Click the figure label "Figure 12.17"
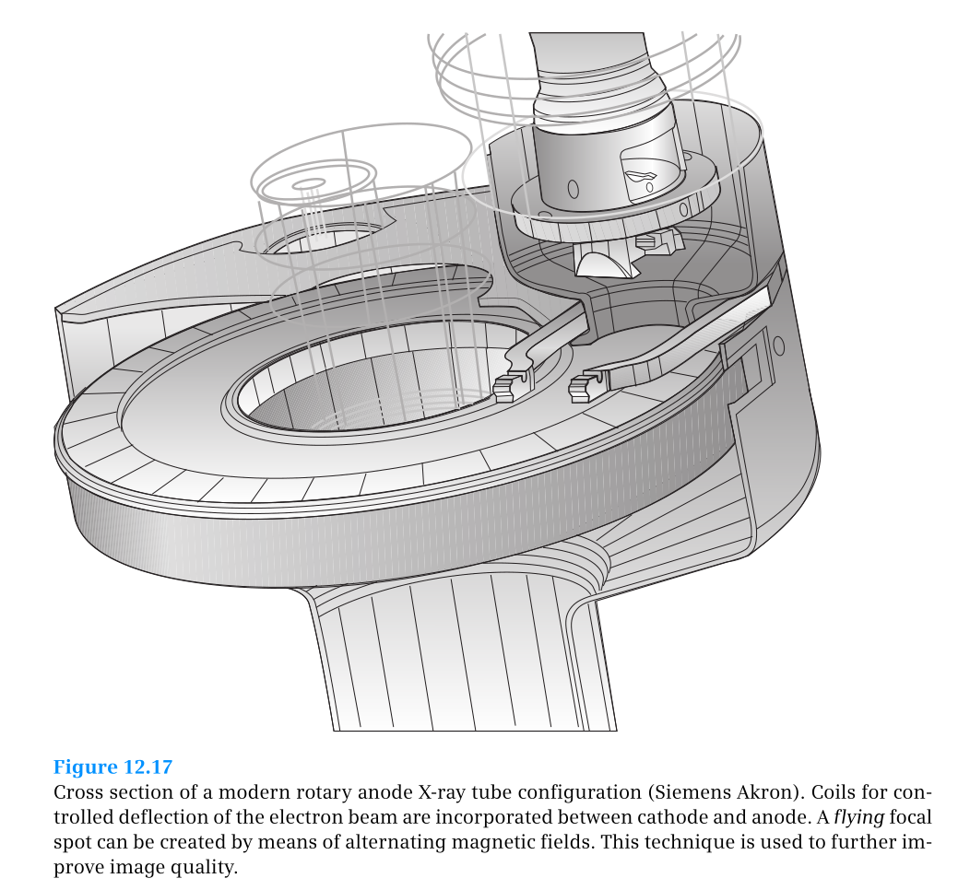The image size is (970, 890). point(112,767)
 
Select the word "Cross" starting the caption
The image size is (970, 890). point(78,793)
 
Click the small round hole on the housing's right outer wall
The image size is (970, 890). point(778,346)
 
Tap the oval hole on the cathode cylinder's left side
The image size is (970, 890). point(573,189)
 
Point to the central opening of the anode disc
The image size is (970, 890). point(369,387)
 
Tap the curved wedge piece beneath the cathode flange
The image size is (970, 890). point(603,262)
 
